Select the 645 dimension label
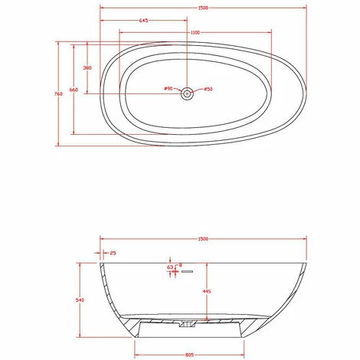click(144, 21)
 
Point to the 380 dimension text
click(87, 67)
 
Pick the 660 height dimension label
click(74, 90)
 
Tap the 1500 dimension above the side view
click(203, 239)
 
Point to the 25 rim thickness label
click(113, 252)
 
